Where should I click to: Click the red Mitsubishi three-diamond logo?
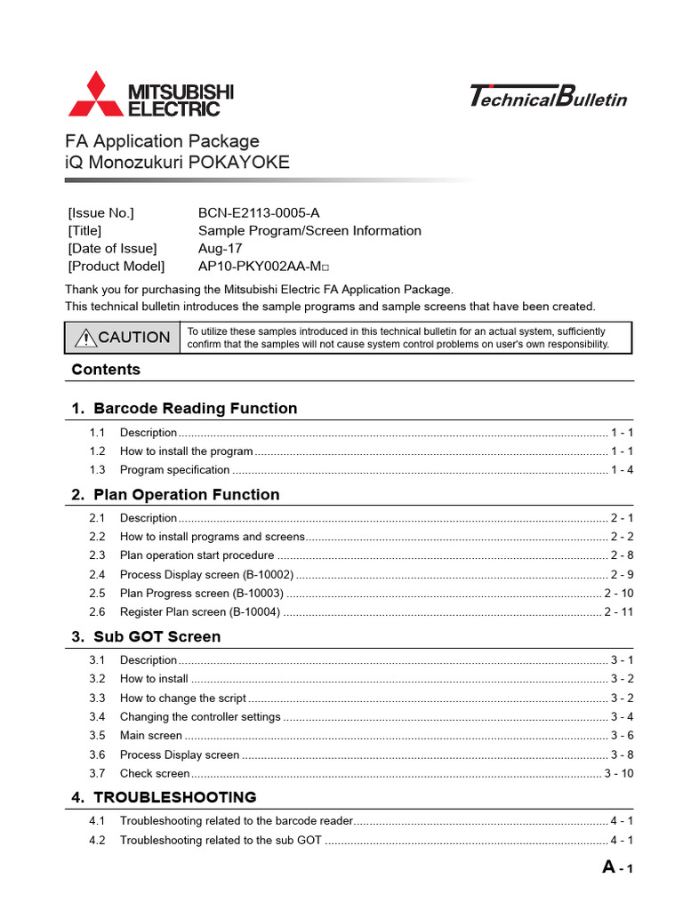point(95,96)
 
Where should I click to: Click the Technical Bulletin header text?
point(547,96)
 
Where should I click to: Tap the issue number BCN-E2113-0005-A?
point(259,212)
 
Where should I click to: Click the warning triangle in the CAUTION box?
point(86,338)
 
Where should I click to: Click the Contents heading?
point(106,370)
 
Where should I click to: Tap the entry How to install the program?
point(186,451)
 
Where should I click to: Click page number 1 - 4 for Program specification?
point(622,470)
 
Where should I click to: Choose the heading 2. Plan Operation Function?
point(186,495)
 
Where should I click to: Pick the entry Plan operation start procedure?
point(197,555)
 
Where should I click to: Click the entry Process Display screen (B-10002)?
point(206,574)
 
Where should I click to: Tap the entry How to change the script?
point(182,698)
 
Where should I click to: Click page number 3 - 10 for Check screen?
point(618,774)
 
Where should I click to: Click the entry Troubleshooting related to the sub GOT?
point(221,840)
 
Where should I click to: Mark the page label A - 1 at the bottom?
point(617,868)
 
